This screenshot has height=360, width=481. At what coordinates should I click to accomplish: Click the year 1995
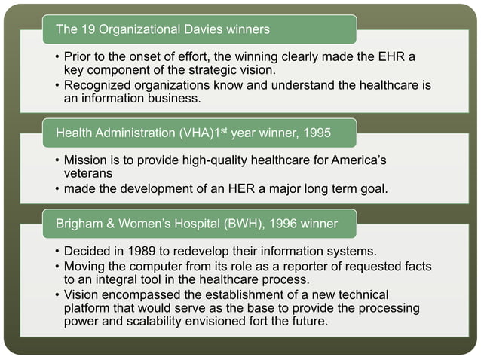point(315,133)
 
